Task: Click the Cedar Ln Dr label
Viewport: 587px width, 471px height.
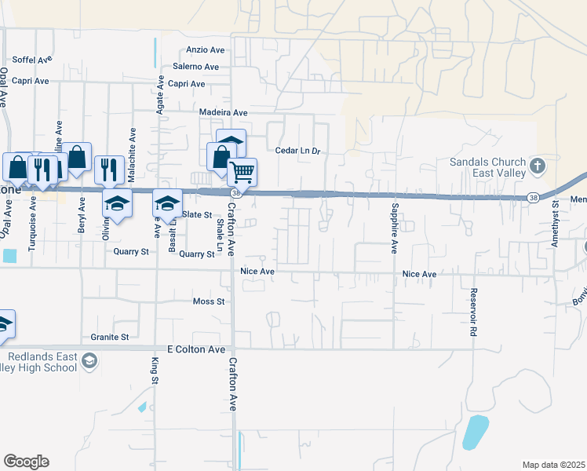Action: pyautogui.click(x=298, y=151)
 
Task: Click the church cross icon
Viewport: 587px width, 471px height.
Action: pyautogui.click(x=538, y=166)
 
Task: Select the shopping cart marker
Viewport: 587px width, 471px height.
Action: pyautogui.click(x=242, y=171)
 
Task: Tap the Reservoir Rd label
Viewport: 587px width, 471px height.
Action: pyautogui.click(x=474, y=312)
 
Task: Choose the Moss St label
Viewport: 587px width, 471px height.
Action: pyautogui.click(x=209, y=301)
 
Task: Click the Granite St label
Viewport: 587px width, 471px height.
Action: pyautogui.click(x=109, y=338)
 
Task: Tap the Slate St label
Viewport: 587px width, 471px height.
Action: pyautogui.click(x=197, y=214)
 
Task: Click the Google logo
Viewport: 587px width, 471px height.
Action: pyautogui.click(x=26, y=462)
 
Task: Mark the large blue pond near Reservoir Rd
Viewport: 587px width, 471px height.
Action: pyautogui.click(x=475, y=432)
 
